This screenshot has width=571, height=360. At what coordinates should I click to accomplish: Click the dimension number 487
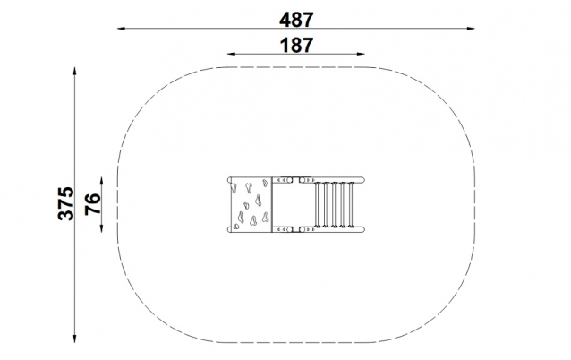pyautogui.click(x=296, y=20)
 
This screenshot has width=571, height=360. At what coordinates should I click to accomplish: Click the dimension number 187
pyautogui.click(x=296, y=45)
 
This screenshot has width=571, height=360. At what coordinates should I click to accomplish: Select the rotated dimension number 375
pyautogui.click(x=66, y=203)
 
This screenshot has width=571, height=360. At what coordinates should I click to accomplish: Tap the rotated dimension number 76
pyautogui.click(x=93, y=204)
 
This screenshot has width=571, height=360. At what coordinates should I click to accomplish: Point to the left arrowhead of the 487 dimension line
pyautogui.click(x=121, y=28)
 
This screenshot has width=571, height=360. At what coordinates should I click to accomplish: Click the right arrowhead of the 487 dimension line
pyautogui.click(x=471, y=28)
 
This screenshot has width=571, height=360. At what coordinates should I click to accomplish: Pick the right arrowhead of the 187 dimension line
pyautogui.click(x=361, y=54)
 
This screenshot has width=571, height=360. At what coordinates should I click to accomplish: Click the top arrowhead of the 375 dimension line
pyautogui.click(x=74, y=71)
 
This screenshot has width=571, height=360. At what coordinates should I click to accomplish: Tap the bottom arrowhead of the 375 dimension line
pyautogui.click(x=74, y=339)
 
